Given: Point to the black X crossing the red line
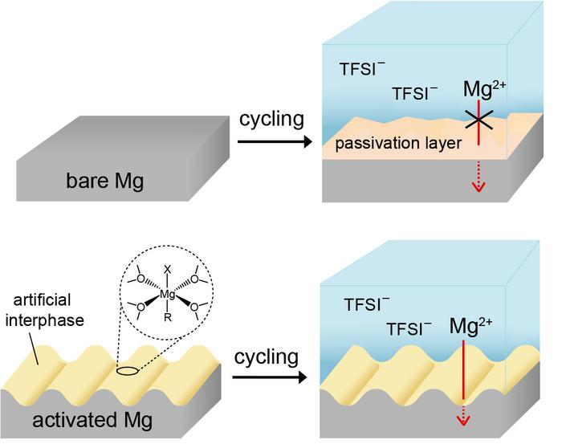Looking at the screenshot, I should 479,121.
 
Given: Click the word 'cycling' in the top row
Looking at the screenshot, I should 271,120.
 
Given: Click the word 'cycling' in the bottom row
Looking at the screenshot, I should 267,357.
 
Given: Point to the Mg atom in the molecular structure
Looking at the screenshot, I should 167,295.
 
